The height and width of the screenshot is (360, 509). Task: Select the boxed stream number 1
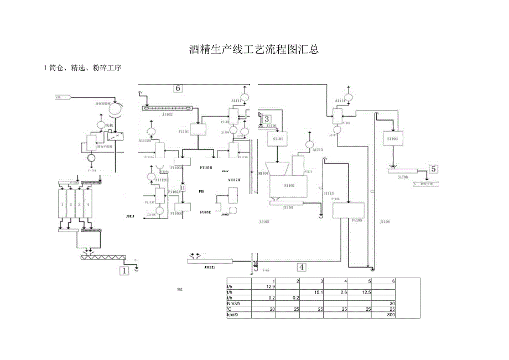point(125,271)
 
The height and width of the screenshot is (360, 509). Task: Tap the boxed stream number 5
point(434,169)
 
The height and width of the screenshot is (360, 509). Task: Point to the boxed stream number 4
point(301,267)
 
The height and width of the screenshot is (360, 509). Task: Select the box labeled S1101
point(278,139)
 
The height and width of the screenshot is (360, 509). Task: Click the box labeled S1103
point(392,138)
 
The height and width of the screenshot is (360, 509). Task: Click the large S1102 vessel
point(289,186)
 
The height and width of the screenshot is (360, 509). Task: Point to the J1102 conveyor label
point(168,114)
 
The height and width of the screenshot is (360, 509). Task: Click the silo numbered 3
point(79,205)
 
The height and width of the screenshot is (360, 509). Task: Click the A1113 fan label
point(317,150)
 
